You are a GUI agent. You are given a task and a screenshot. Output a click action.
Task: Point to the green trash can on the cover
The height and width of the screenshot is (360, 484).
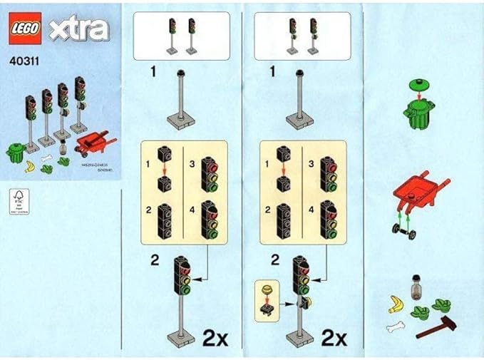[x=16, y=152]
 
